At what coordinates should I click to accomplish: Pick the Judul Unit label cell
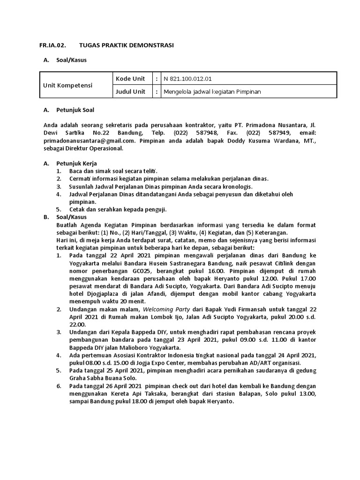131,92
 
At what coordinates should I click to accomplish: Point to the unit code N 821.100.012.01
187,79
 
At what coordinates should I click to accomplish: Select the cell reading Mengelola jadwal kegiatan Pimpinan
212,92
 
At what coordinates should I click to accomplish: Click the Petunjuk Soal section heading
75,110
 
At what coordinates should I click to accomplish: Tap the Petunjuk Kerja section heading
76,163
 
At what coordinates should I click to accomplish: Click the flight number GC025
146,270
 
